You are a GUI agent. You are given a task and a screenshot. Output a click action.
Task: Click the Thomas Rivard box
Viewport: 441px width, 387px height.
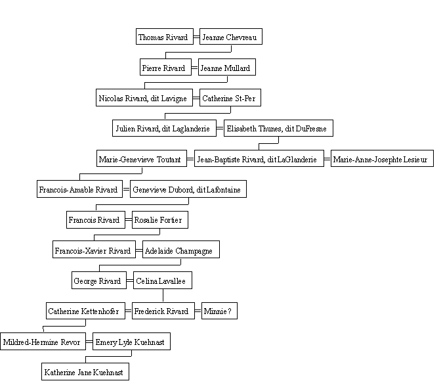click(165, 36)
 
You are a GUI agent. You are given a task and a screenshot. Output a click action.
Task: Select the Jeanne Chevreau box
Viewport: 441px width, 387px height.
click(231, 36)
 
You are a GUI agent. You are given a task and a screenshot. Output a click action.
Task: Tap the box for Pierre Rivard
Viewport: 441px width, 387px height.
click(165, 67)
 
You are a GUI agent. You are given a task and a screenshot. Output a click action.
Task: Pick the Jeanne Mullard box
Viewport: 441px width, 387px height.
click(227, 67)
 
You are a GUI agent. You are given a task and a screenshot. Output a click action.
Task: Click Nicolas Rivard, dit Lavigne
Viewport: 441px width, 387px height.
click(144, 98)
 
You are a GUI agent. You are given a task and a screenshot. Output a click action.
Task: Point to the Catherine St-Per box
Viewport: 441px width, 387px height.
click(230, 98)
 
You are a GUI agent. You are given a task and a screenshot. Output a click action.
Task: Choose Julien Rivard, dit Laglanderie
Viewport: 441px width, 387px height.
click(164, 128)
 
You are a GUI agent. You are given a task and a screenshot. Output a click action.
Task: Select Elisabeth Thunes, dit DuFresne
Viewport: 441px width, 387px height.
click(278, 128)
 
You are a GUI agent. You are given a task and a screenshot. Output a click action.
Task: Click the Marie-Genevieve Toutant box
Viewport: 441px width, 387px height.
click(142, 158)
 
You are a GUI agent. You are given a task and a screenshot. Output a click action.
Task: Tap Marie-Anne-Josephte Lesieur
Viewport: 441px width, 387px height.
click(382, 158)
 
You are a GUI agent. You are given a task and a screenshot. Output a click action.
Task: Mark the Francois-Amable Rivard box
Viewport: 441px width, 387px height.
click(79, 189)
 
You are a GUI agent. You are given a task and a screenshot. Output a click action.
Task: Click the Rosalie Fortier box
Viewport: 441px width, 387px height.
click(160, 219)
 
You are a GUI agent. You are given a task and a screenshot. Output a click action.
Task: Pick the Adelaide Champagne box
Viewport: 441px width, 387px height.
click(181, 249)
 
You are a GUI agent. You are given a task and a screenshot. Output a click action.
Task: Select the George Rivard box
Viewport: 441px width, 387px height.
click(99, 281)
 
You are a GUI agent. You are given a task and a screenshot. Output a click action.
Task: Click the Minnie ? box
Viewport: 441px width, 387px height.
click(219, 311)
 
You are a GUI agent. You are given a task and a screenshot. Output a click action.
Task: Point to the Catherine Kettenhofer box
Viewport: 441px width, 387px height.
click(85, 311)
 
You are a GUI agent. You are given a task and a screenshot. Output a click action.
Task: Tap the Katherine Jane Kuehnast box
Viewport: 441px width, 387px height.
click(85, 371)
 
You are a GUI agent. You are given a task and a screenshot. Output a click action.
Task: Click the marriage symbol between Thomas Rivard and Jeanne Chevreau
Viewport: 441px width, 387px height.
click(197, 37)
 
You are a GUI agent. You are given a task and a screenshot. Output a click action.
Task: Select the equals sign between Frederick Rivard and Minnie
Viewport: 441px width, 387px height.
click(198, 311)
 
